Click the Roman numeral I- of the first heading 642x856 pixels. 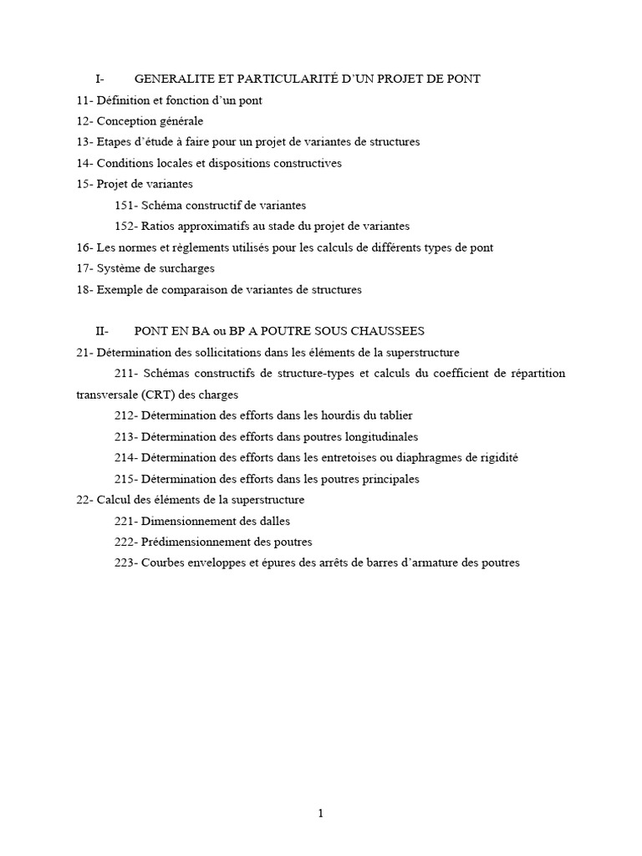[x=99, y=79]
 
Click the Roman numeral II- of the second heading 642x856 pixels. [x=102, y=331]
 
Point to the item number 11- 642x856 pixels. [x=84, y=100]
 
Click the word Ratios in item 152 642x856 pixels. [x=158, y=226]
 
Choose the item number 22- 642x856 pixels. [x=84, y=500]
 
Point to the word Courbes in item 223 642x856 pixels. [x=162, y=563]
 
